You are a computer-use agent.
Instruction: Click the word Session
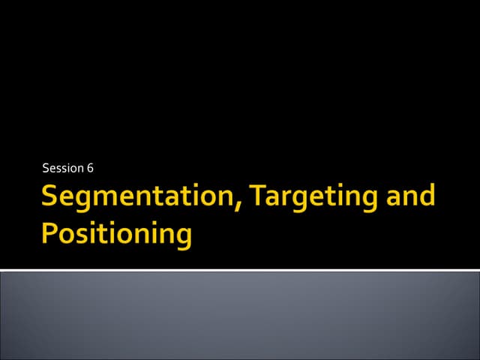(62, 167)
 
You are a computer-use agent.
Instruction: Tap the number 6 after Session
(89, 167)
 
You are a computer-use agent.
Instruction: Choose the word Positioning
(117, 234)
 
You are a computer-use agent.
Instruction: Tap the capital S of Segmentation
(50, 196)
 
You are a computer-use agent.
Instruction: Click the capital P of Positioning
(50, 233)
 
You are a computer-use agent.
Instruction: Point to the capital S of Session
(46, 167)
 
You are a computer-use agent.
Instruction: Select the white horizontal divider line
(240, 269)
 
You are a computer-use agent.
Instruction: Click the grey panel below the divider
(240, 315)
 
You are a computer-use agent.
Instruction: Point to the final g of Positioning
(182, 238)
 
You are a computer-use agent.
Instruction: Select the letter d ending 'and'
(426, 196)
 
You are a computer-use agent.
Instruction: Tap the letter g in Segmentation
(88, 202)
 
